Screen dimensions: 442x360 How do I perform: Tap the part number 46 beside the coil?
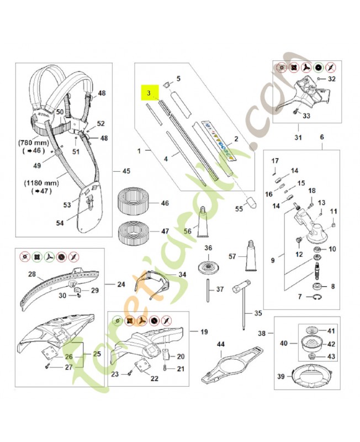click(165, 204)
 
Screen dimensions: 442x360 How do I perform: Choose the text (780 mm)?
click(35, 141)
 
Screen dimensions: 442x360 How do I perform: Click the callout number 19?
click(204, 332)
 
